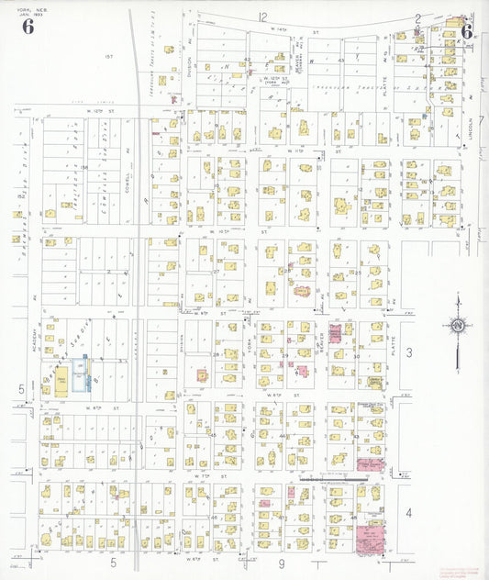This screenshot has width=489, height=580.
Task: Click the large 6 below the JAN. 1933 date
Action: pyautogui.click(x=28, y=26)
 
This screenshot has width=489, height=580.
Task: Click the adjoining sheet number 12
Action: pyautogui.click(x=262, y=17)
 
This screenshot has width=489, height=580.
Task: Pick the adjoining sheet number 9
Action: pyautogui.click(x=283, y=561)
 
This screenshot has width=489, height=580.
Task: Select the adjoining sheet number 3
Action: pyautogui.click(x=410, y=352)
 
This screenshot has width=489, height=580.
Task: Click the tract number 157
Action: pyautogui.click(x=107, y=57)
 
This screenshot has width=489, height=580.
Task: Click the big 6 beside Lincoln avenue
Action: pyautogui.click(x=466, y=30)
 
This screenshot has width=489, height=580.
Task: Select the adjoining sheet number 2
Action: pyautogui.click(x=418, y=17)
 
